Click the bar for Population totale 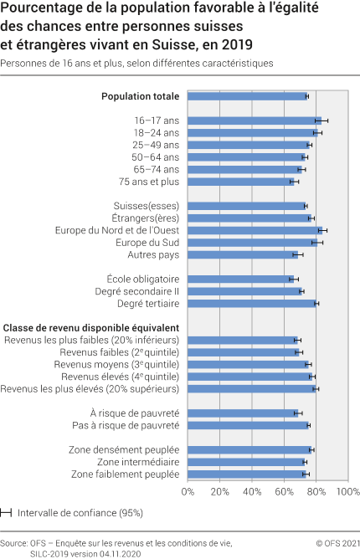click(248, 96)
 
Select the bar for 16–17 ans click(255, 121)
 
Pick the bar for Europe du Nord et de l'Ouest click(255, 230)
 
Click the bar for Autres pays click(242, 254)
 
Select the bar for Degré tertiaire click(252, 303)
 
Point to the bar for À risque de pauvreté click(242, 413)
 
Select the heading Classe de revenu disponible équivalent click(92, 327)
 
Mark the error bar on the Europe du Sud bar click(316, 243)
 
